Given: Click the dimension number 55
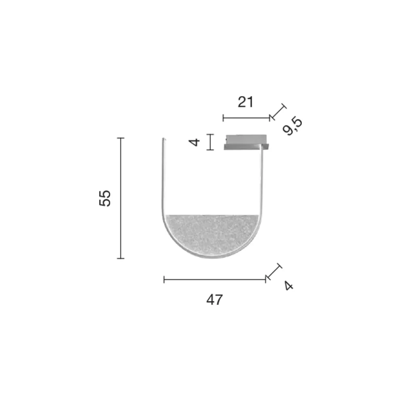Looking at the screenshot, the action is [x=105, y=198].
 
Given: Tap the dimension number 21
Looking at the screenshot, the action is [x=245, y=102].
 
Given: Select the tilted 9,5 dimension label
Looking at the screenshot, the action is [x=293, y=126].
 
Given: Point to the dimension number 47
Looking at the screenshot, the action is [x=214, y=300].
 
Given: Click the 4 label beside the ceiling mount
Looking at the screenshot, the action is [x=194, y=142].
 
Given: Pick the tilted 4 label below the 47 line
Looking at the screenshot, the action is [x=289, y=286].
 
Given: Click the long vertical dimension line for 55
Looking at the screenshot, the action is [x=121, y=198].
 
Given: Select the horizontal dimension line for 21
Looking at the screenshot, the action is [x=247, y=118].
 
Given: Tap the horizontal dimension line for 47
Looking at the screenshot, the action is [x=215, y=279].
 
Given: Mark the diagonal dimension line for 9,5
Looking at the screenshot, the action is [x=278, y=112].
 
